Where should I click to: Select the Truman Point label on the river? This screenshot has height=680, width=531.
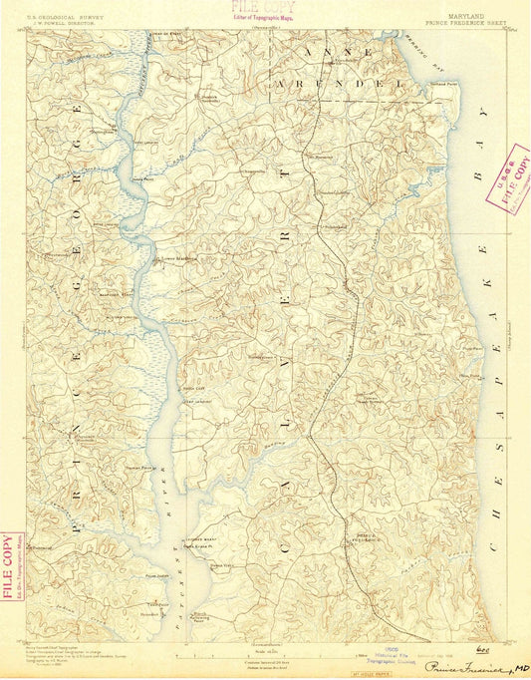138,465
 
